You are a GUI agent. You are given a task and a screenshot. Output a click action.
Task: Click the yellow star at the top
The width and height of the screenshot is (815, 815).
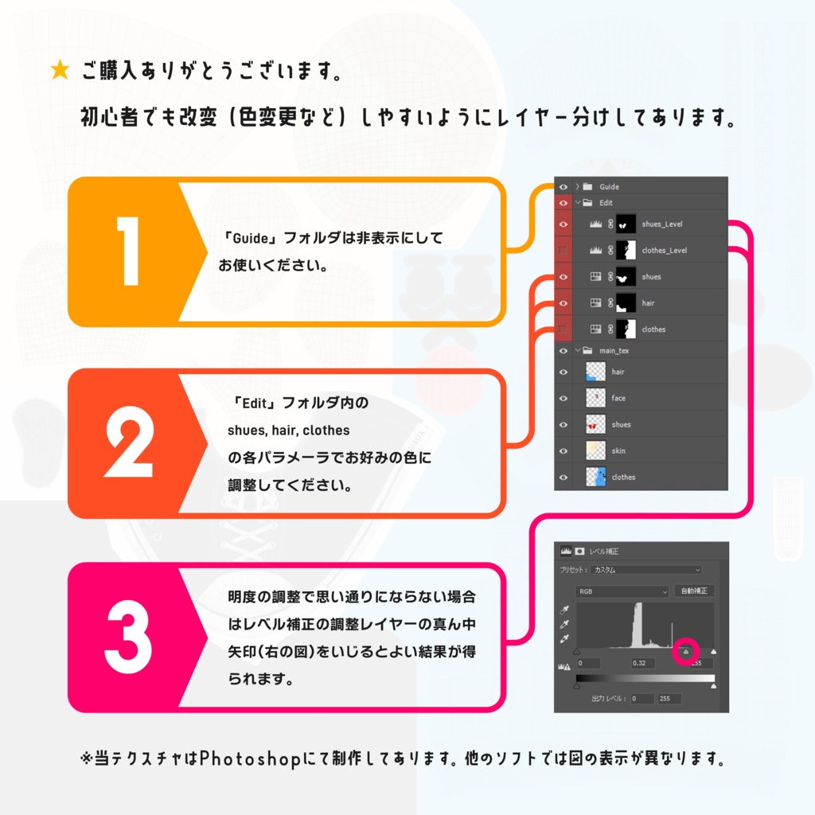pyautogui.click(x=60, y=71)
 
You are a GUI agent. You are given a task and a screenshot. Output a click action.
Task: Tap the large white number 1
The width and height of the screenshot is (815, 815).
pyautogui.click(x=127, y=251)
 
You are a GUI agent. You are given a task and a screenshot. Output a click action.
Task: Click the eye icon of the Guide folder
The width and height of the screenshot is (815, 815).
pyautogui.click(x=563, y=186)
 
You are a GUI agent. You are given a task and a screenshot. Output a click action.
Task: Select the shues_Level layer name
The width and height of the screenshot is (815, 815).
pyautogui.click(x=661, y=224)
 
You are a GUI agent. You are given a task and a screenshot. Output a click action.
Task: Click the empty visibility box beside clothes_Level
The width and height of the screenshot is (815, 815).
pyautogui.click(x=563, y=251)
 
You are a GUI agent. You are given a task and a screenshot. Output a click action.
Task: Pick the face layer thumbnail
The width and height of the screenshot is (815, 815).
pyautogui.click(x=595, y=398)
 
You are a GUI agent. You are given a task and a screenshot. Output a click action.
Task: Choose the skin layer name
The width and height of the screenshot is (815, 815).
pyautogui.click(x=618, y=450)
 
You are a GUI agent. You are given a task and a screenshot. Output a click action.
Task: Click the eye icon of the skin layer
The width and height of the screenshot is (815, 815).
pyautogui.click(x=563, y=450)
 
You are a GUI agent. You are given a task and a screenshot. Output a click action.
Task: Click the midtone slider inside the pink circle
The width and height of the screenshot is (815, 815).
pyautogui.click(x=686, y=652)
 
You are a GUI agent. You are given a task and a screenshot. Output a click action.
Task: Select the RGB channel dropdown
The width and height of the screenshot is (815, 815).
pyautogui.click(x=622, y=591)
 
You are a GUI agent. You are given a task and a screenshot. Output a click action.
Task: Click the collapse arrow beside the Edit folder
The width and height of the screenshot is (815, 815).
pyautogui.click(x=578, y=203)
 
